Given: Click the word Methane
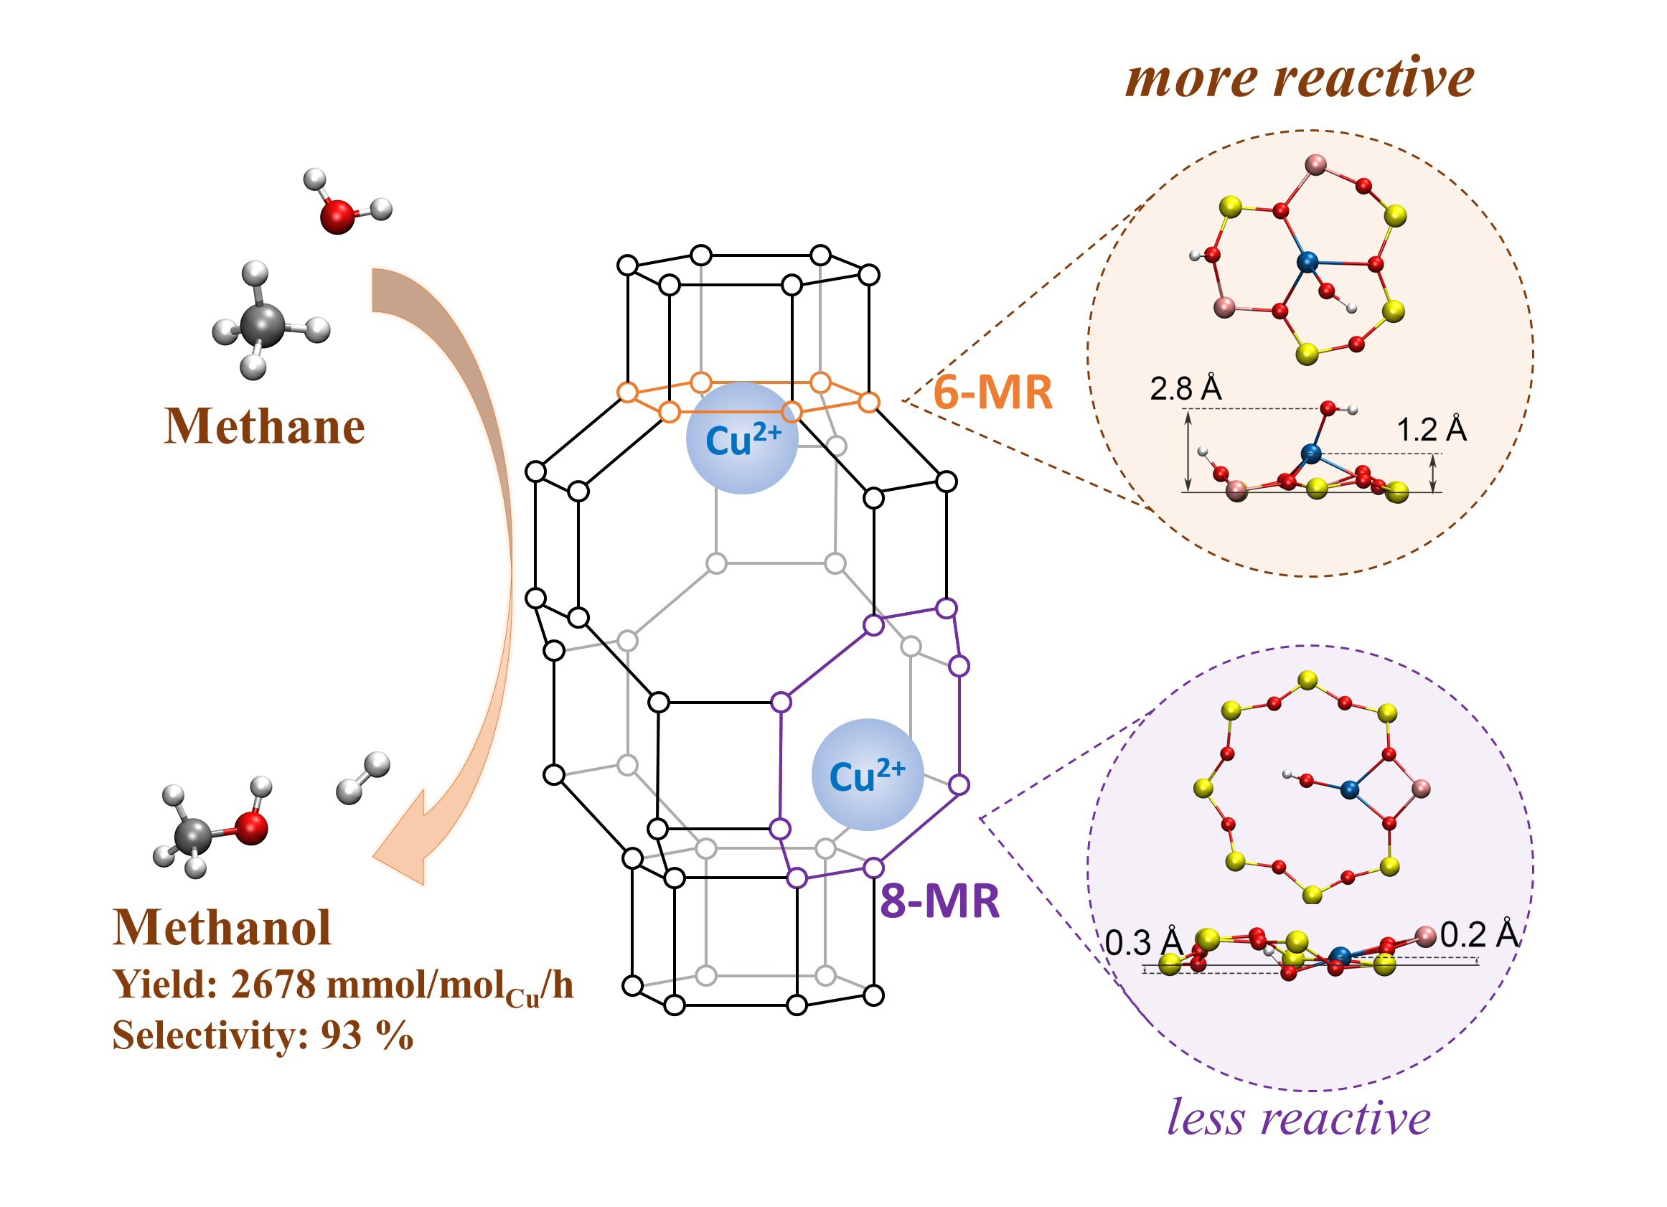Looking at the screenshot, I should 265,427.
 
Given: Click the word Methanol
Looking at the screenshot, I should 222,928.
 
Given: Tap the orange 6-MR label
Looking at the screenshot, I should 992,393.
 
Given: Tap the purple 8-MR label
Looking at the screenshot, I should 940,901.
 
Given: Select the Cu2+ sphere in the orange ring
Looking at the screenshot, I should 741,439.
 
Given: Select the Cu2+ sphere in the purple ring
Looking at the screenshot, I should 868,776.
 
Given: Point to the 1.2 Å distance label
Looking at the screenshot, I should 1431,430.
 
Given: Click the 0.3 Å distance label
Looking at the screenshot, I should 1144,943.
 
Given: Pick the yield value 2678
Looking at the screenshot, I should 273,985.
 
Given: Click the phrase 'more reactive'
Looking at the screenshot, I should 1300,79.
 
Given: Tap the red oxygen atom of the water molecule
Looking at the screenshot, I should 337,217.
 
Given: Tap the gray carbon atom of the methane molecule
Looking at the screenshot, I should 262,325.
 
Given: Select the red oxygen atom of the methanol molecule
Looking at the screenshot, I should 251,828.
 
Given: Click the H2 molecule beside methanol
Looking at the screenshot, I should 363,779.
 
